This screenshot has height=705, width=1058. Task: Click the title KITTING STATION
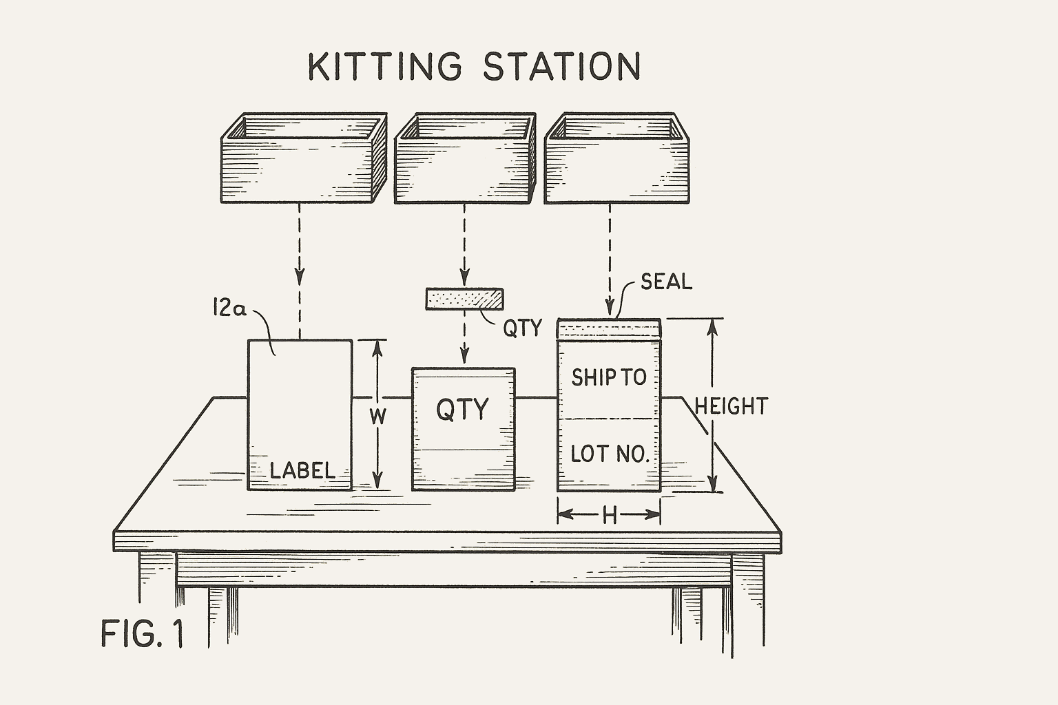pyautogui.click(x=474, y=67)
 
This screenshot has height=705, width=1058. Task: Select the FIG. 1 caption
pyautogui.click(x=142, y=633)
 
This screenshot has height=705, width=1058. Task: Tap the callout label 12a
pyautogui.click(x=229, y=309)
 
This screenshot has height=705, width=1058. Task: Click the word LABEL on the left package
pyautogui.click(x=302, y=471)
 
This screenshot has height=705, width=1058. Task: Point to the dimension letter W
pyautogui.click(x=377, y=417)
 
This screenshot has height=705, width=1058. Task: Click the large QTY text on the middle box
pyautogui.click(x=462, y=410)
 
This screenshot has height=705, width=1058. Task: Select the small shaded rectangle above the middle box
pyautogui.click(x=464, y=299)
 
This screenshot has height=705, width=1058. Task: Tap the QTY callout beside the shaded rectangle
pyautogui.click(x=522, y=328)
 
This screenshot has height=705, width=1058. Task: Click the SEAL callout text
pyautogui.click(x=666, y=282)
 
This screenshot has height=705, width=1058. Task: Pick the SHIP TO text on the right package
pyautogui.click(x=609, y=377)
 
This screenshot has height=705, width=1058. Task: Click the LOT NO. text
pyautogui.click(x=610, y=454)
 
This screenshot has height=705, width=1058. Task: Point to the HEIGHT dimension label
pyautogui.click(x=731, y=406)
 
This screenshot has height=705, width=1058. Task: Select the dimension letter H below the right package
pyautogui.click(x=610, y=515)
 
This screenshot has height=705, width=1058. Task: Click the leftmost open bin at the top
pyautogui.click(x=302, y=160)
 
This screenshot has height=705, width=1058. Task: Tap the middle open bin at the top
pyautogui.click(x=464, y=160)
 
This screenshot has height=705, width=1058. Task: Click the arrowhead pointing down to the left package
pyautogui.click(x=300, y=277)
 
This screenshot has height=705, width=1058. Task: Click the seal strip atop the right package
pyautogui.click(x=609, y=329)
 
